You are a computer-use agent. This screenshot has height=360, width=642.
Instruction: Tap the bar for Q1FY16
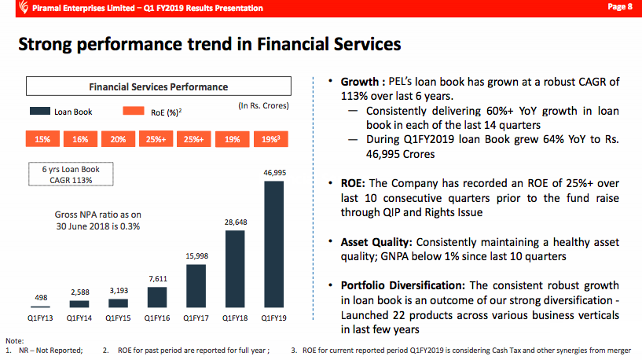pyautogui.click(x=157, y=296)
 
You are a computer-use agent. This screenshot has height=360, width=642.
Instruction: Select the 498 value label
pyautogui.click(x=41, y=297)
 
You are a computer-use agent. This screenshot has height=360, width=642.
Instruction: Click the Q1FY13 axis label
pyautogui.click(x=41, y=318)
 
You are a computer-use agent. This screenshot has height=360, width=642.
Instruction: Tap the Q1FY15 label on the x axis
pyautogui.click(x=118, y=318)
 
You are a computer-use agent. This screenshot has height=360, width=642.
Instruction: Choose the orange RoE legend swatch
pyautogui.click(x=134, y=112)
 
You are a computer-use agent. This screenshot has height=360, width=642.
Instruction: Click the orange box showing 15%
pyautogui.click(x=42, y=139)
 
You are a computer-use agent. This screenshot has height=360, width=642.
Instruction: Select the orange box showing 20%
pyautogui.click(x=119, y=139)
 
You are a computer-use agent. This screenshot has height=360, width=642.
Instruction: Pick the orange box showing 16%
pyautogui.click(x=80, y=139)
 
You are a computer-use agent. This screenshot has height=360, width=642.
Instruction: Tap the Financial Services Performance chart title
pyautogui.click(x=159, y=86)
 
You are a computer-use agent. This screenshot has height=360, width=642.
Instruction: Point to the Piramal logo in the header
pyautogui.click(x=9, y=8)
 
